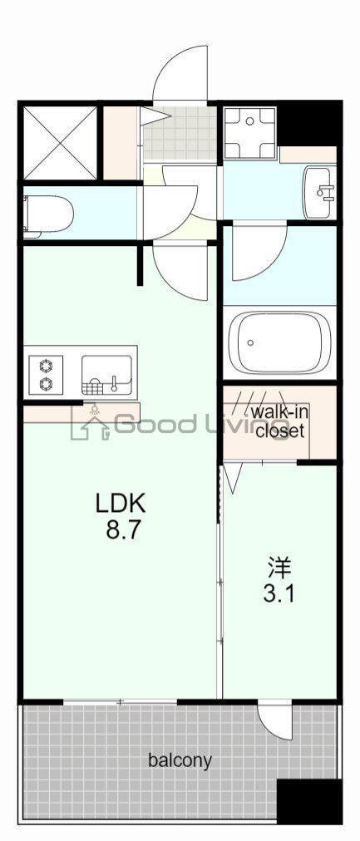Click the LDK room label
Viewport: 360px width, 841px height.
click(x=121, y=503)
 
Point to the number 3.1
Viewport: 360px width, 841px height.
click(x=279, y=595)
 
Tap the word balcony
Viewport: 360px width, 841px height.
click(x=180, y=760)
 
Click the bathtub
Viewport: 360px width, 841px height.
click(x=279, y=342)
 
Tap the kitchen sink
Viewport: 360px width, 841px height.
click(x=106, y=375)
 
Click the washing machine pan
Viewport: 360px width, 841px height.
click(x=250, y=133)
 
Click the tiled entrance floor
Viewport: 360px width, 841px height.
click(x=180, y=133)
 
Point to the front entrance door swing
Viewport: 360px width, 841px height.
click(x=183, y=75)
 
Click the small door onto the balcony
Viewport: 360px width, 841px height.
click(x=274, y=720)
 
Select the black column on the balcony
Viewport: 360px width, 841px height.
click(x=308, y=801)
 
